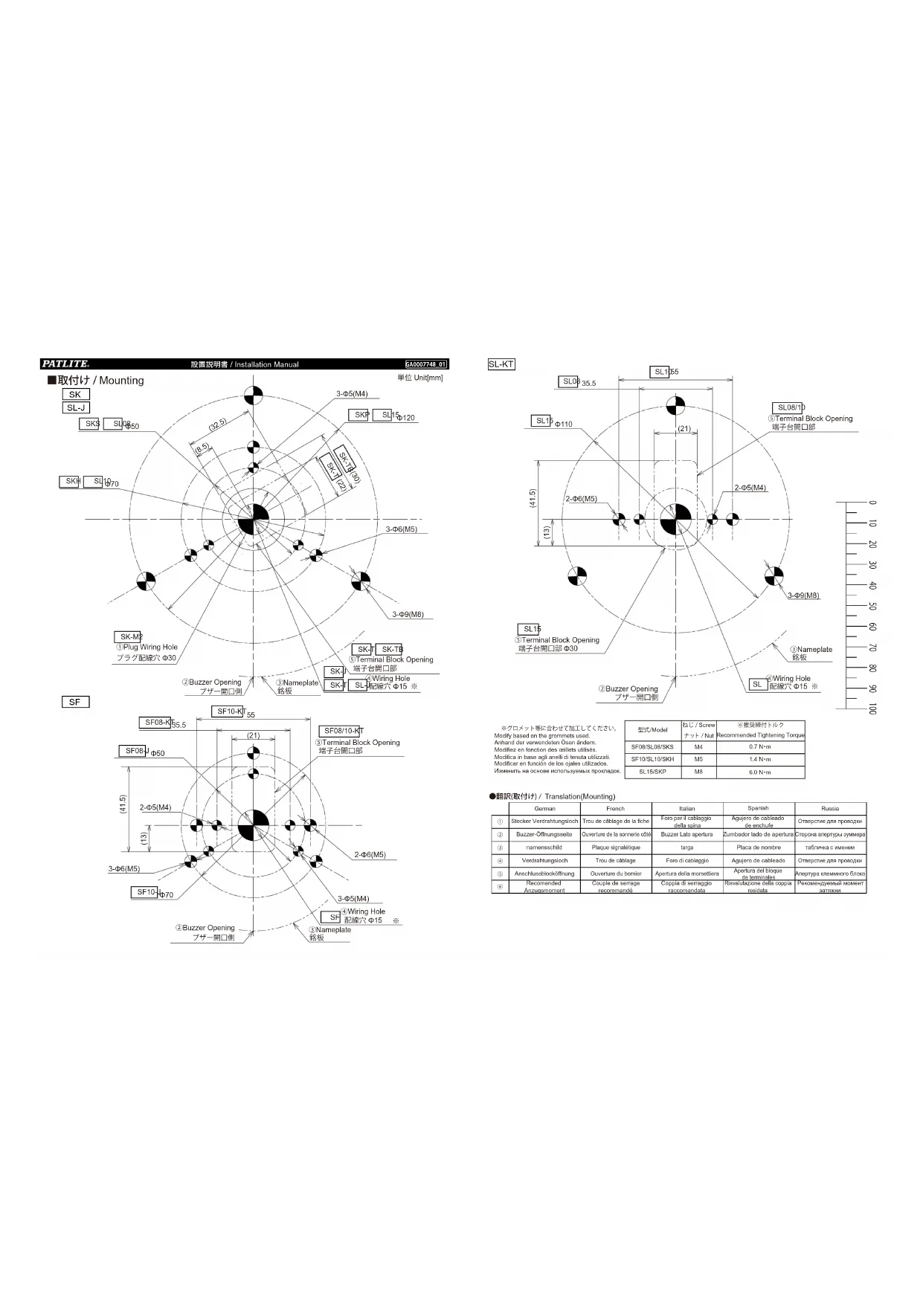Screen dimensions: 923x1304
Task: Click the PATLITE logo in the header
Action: pyautogui.click(x=65, y=364)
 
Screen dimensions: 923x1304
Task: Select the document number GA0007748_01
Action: pyautogui.click(x=426, y=364)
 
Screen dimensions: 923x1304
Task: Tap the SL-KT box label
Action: pyautogui.click(x=501, y=364)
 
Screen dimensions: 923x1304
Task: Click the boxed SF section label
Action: pyautogui.click(x=75, y=702)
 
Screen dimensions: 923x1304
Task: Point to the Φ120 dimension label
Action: pyautogui.click(x=406, y=418)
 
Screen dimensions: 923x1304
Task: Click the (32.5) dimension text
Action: pyautogui.click(x=218, y=425)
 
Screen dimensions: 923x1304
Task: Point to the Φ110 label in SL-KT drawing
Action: pyautogui.click(x=564, y=425)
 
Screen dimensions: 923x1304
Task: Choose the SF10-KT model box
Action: pyautogui.click(x=231, y=711)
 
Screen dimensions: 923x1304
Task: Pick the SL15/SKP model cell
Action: pyautogui.click(x=652, y=772)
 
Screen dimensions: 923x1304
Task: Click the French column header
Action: pyautogui.click(x=615, y=808)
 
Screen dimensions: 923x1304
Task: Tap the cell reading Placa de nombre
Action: pyautogui.click(x=759, y=848)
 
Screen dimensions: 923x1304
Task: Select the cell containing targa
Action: pyautogui.click(x=686, y=848)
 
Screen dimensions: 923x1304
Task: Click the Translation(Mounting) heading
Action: pyautogui.click(x=579, y=796)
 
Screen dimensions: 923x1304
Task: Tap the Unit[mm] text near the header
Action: pyautogui.click(x=428, y=378)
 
